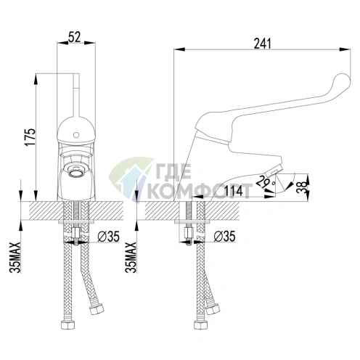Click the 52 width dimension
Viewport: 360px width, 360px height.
pos(75,38)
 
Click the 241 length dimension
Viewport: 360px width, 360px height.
pos(263,44)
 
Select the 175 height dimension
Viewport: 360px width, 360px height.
pos(30,137)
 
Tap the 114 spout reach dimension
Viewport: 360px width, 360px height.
pos(234,191)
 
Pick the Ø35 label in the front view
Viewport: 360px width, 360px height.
pos(109,237)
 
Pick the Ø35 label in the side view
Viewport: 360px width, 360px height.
pos(225,237)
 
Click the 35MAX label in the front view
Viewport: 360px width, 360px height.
pos(15,257)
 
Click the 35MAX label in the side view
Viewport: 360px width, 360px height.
pos(131,257)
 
